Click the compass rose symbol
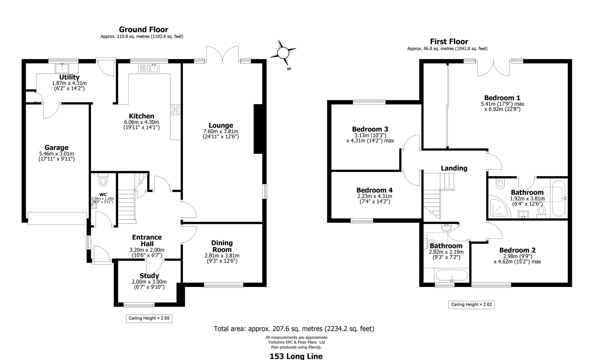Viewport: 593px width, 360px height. [x=283, y=53]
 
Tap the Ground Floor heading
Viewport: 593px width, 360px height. [x=143, y=30]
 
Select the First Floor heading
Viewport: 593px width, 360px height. [x=449, y=42]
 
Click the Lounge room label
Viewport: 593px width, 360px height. [x=221, y=126]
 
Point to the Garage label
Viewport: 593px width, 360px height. [x=56, y=148]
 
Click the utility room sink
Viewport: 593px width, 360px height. [x=62, y=68]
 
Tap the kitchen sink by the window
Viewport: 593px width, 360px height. [x=153, y=68]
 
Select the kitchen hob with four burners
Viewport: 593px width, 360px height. [x=175, y=110]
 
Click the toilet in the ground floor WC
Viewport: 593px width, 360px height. [x=103, y=181]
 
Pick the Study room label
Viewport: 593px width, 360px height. [x=149, y=276]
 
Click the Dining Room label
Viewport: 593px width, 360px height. [x=222, y=246]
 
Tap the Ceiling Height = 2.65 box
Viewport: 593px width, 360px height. [x=149, y=318]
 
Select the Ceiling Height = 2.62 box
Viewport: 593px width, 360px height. [x=471, y=305]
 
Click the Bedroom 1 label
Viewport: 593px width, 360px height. [x=502, y=98]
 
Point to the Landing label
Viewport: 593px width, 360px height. [x=454, y=168]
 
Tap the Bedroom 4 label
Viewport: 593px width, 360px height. [x=374, y=190]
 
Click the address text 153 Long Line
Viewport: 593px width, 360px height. [x=296, y=356]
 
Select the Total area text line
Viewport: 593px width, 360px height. [x=294, y=329]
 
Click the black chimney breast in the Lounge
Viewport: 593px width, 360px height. [x=258, y=129]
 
